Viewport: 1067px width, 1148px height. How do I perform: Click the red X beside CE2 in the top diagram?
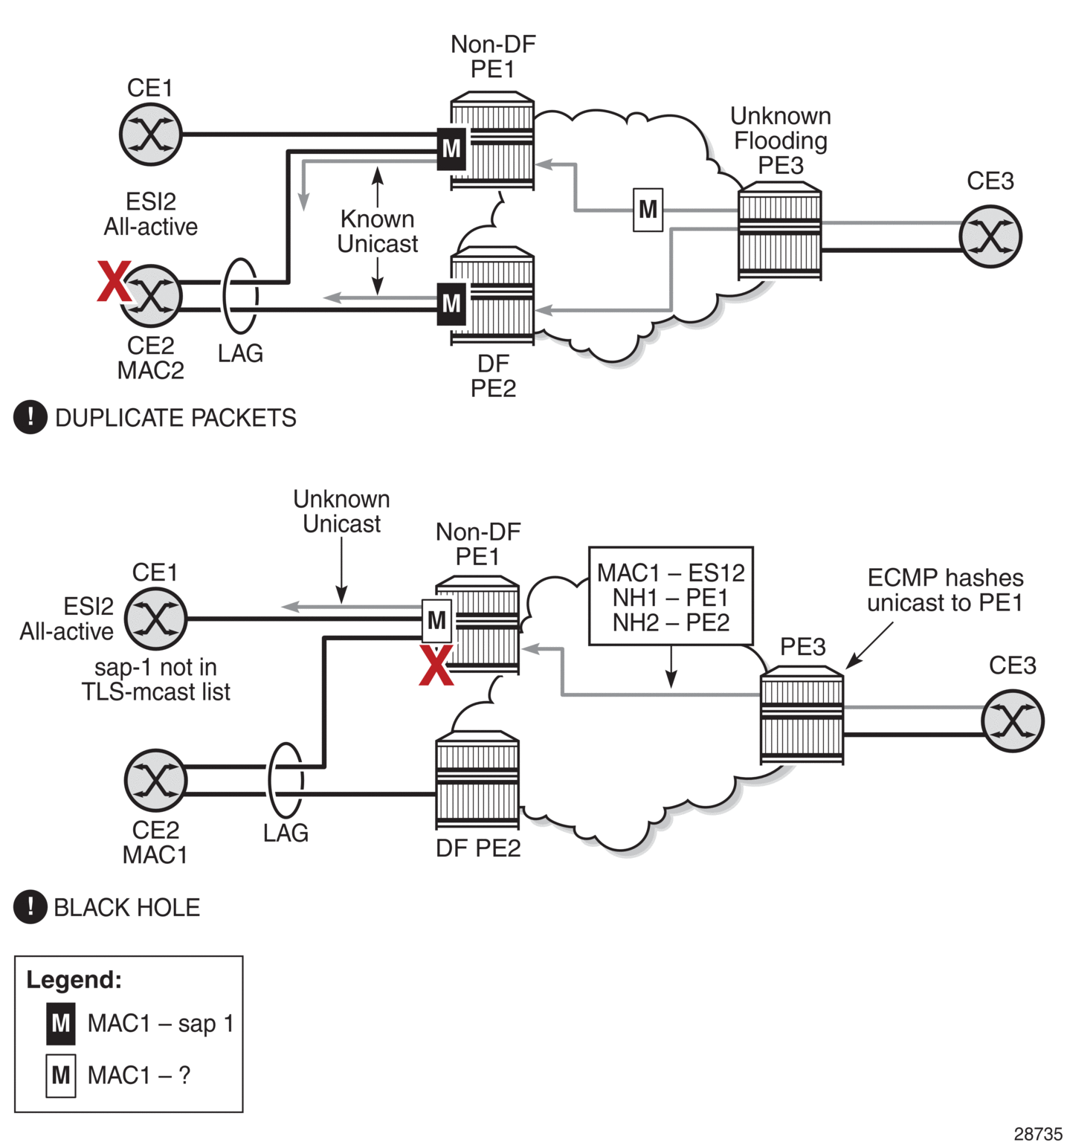(x=115, y=281)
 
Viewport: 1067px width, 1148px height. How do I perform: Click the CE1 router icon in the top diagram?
(x=151, y=135)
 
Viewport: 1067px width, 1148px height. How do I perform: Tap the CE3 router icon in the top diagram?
(x=990, y=236)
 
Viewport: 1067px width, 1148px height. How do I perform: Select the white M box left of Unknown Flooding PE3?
(x=648, y=210)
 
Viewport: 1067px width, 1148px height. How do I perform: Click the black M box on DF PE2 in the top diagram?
(x=451, y=303)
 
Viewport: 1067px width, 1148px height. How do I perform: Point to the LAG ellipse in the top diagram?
(x=241, y=296)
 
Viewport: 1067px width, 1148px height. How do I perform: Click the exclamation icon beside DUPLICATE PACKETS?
(x=30, y=417)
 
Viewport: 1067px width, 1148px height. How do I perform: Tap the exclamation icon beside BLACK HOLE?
(x=30, y=906)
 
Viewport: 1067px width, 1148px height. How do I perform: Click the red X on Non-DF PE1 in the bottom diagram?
(x=436, y=665)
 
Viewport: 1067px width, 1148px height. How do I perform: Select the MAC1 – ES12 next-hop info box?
(x=671, y=596)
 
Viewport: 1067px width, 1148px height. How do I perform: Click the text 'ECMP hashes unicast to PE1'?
(x=944, y=590)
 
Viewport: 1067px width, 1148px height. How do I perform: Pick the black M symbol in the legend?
(x=60, y=1024)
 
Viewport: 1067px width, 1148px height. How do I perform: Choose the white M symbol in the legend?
(x=60, y=1075)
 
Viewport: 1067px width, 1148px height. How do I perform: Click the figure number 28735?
(x=1038, y=1134)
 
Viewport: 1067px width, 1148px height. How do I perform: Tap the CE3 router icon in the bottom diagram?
(x=1013, y=720)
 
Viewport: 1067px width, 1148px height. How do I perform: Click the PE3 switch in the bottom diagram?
(x=802, y=716)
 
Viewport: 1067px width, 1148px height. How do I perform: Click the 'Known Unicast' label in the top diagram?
(x=378, y=231)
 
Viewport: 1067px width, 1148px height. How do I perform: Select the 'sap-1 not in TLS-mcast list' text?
(x=155, y=680)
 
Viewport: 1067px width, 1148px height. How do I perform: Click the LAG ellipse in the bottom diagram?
(x=286, y=780)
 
